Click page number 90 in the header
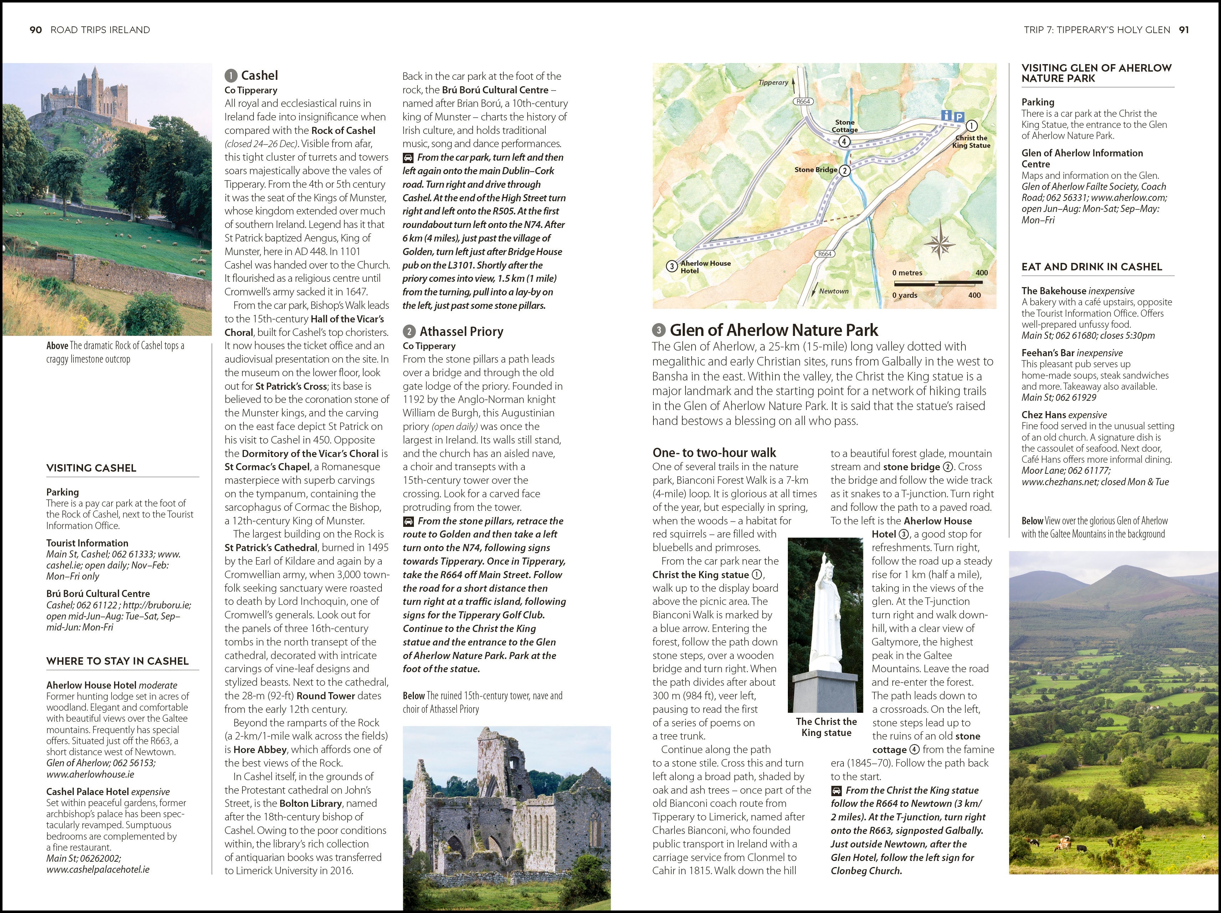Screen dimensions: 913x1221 tap(35, 30)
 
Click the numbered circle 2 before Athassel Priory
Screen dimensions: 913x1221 tap(409, 332)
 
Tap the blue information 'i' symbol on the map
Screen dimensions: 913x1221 tap(946, 115)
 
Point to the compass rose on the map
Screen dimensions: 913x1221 tap(939, 240)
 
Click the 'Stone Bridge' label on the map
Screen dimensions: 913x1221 tap(815, 169)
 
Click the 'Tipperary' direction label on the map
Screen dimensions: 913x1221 tap(773, 82)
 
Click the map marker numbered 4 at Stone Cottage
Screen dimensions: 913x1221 tap(844, 141)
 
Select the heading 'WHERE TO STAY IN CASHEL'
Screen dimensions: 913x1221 tap(118, 661)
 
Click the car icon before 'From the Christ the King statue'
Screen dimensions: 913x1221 tap(836, 790)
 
